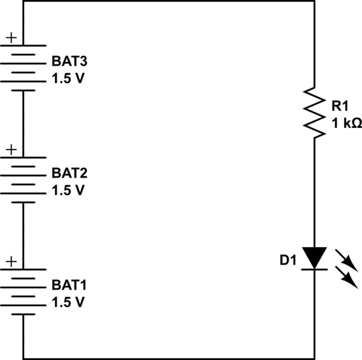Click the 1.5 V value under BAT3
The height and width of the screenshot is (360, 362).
[x=68, y=79]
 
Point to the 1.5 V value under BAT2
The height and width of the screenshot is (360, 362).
[x=68, y=190]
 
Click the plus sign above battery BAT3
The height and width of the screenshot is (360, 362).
[x=11, y=38]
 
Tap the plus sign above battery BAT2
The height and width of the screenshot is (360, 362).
[x=11, y=149]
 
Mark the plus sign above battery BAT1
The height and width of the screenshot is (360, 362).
[x=11, y=261]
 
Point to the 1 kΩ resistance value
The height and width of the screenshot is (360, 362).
[x=346, y=124]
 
